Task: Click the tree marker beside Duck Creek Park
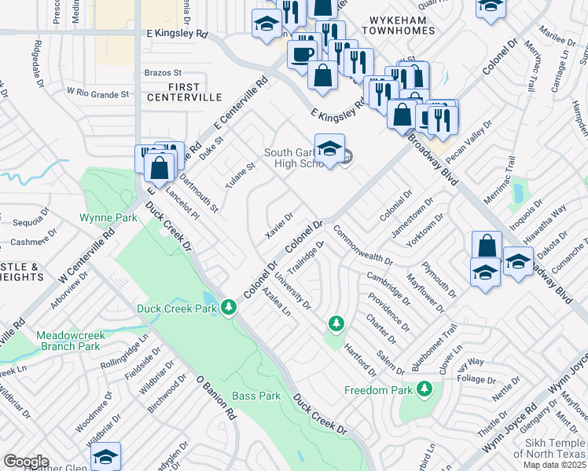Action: coord(229,307)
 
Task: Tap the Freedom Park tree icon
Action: coord(424,389)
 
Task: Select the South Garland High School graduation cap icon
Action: coord(329,148)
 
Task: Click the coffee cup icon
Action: coord(302,53)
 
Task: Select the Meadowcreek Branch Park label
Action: coord(68,341)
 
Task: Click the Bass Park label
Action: coord(256,396)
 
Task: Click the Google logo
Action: coord(26,462)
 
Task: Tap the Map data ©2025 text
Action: coord(554,466)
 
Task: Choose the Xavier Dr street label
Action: coord(279,226)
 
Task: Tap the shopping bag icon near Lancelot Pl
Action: coord(159,168)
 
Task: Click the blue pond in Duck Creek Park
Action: coord(209,299)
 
